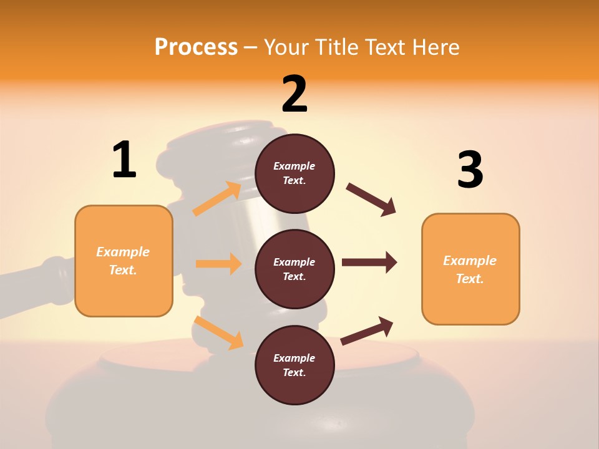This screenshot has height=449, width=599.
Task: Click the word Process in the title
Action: [196, 47]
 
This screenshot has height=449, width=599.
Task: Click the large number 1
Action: [124, 160]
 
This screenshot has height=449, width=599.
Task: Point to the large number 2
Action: [295, 94]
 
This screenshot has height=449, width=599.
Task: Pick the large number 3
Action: [470, 170]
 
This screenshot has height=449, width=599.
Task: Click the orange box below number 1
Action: [124, 261]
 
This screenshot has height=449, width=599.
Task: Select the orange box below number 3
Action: [470, 269]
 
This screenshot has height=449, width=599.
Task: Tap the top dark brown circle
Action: [295, 173]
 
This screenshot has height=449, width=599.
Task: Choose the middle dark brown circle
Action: [295, 269]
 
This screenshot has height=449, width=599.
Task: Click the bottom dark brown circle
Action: [295, 365]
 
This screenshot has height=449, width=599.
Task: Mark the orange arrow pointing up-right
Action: [217, 198]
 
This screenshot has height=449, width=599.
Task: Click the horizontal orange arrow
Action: [218, 264]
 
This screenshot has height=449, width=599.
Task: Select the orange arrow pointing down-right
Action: [218, 332]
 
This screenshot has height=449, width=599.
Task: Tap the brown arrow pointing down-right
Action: [371, 200]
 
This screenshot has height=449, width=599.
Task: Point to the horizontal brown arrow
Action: [369, 263]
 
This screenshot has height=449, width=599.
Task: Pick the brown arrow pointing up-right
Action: [368, 331]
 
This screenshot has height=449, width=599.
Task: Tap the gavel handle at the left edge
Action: [37, 277]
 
